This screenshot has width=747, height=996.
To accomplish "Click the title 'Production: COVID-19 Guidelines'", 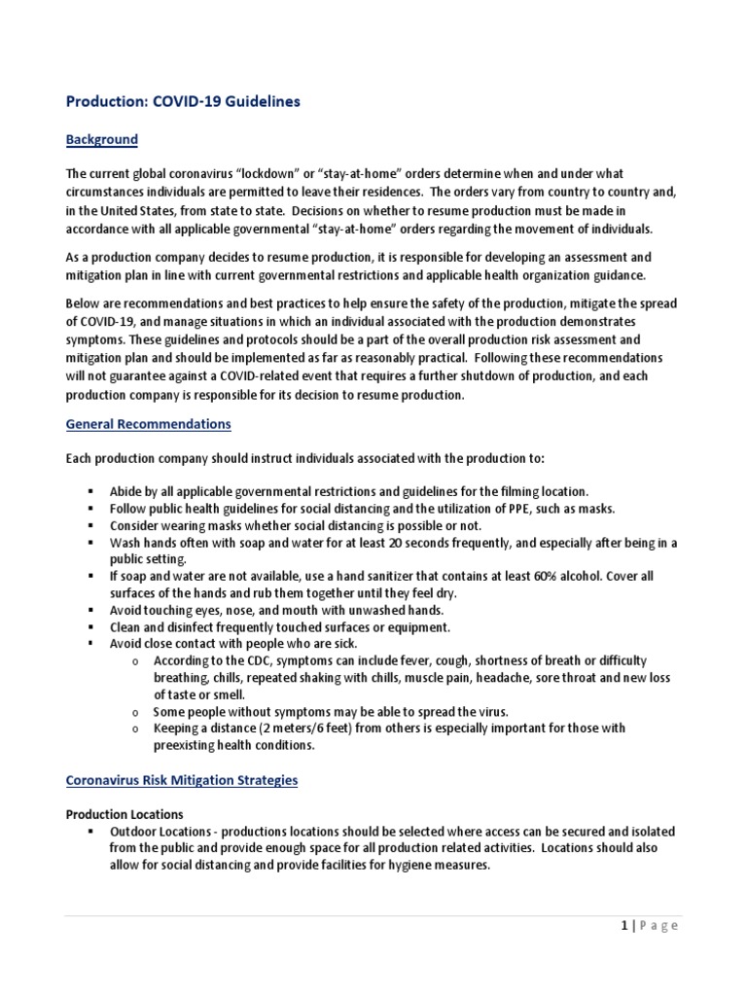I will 183,100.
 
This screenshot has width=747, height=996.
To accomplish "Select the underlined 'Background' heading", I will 102,139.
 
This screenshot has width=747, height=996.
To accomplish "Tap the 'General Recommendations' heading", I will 148,424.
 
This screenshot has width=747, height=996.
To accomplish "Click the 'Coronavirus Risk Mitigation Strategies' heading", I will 182,780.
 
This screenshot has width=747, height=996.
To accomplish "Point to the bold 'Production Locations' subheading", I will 124,814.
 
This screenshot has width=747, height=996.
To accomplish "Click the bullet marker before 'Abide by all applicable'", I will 90,492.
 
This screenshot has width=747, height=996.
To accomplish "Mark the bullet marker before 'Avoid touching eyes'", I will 90,610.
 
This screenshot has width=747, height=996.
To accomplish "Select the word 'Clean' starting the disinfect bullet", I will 126,626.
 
